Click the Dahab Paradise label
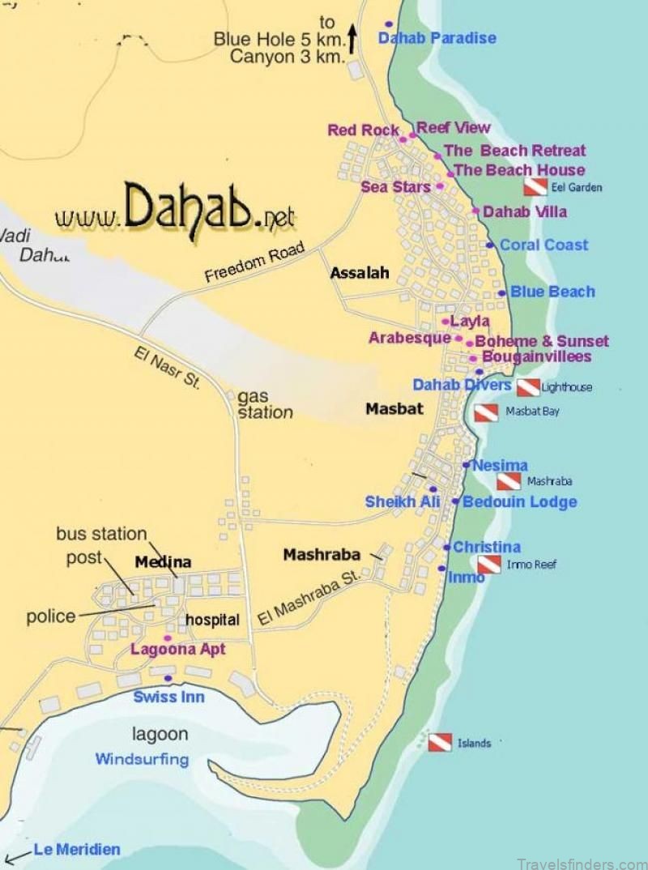click(x=437, y=38)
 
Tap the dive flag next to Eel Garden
click(x=535, y=187)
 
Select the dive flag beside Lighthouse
click(x=528, y=387)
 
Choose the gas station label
click(x=265, y=404)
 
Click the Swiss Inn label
click(x=168, y=697)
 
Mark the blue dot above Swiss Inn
click(x=168, y=679)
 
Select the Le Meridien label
click(x=76, y=850)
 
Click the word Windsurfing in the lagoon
click(x=142, y=760)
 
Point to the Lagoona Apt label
click(x=177, y=650)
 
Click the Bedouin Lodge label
click(x=519, y=502)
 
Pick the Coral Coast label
click(x=544, y=245)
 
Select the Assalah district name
click(x=359, y=274)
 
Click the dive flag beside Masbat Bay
click(x=486, y=412)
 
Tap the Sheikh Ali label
click(x=402, y=502)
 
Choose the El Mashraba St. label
click(x=309, y=599)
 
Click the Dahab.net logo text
click(x=175, y=212)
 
